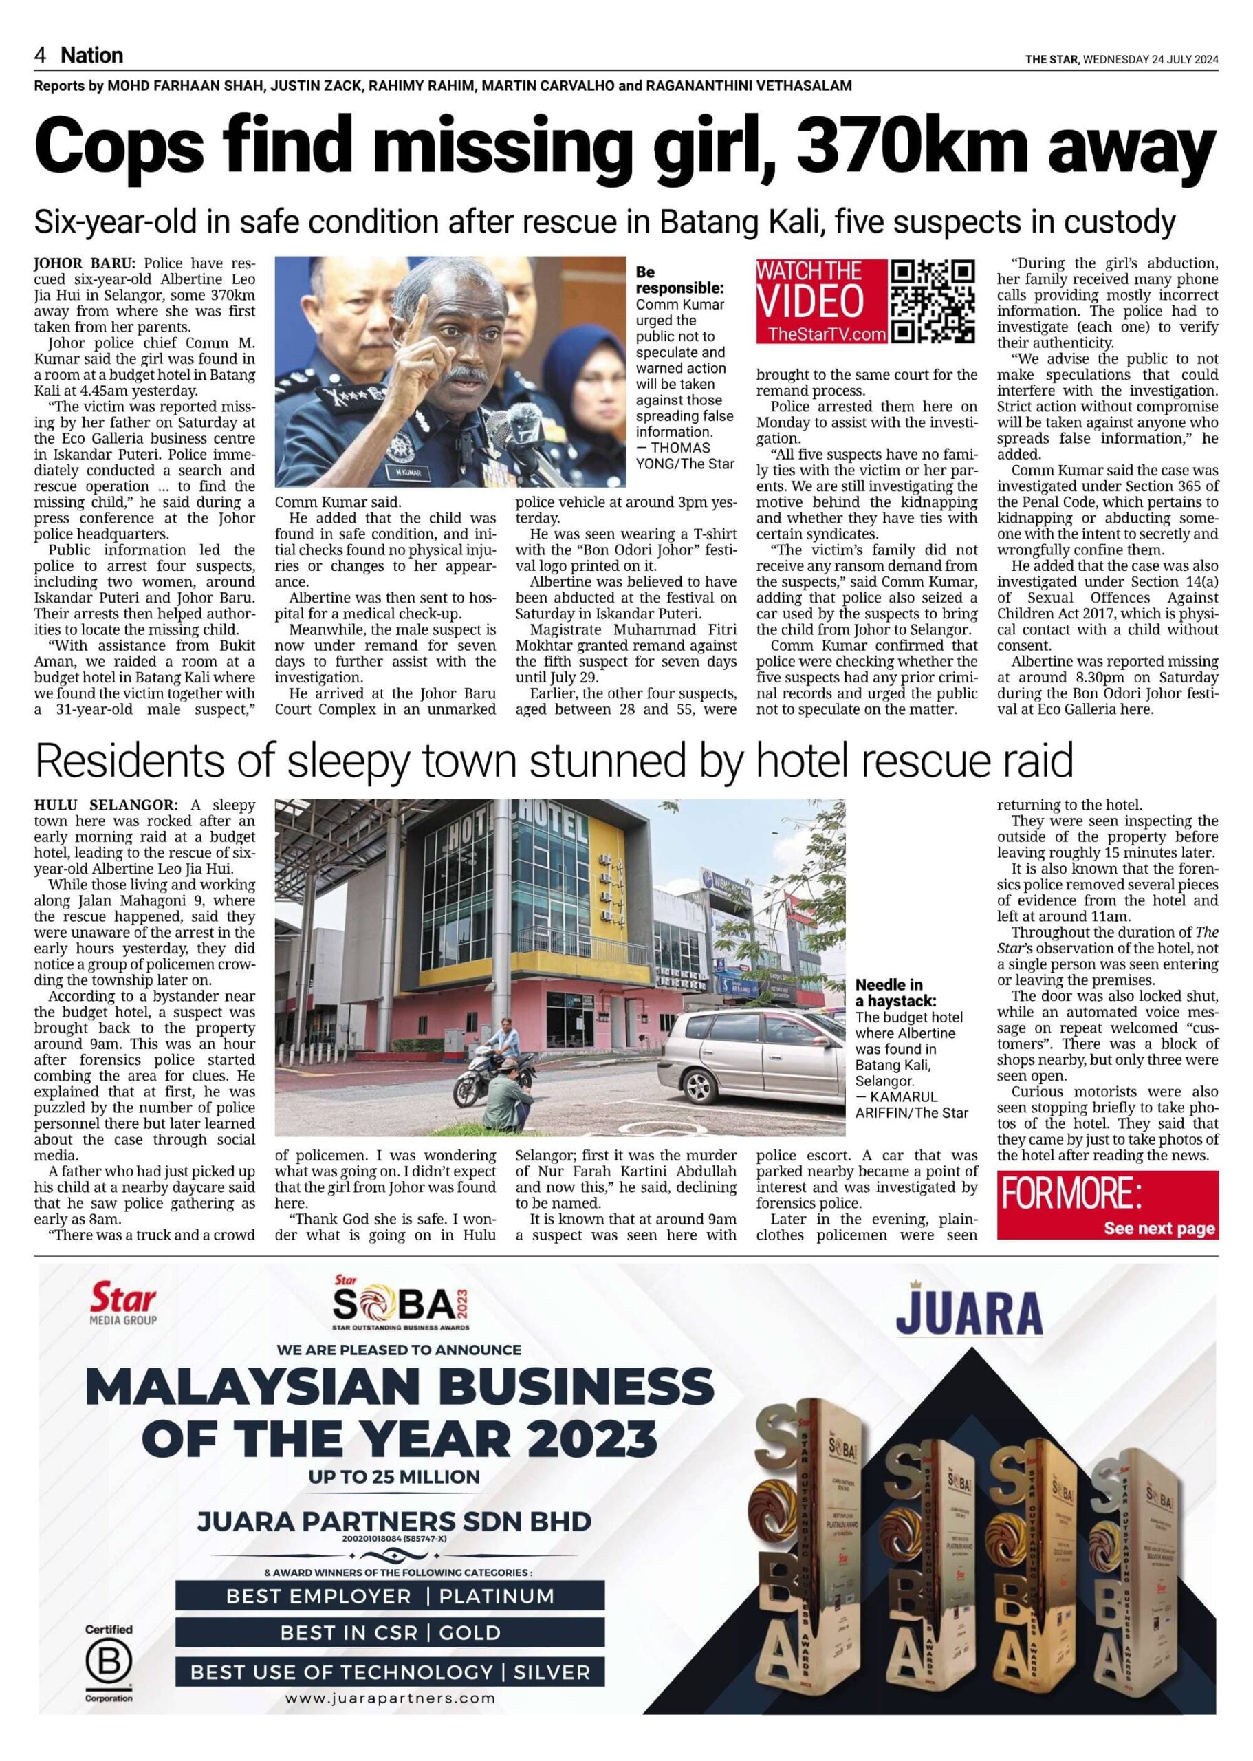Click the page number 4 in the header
coord(40,56)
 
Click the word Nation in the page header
coord(92,56)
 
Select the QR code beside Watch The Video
coord(933,301)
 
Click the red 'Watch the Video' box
coord(820,301)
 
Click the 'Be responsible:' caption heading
coord(679,280)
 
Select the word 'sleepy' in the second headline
coord(356,761)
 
